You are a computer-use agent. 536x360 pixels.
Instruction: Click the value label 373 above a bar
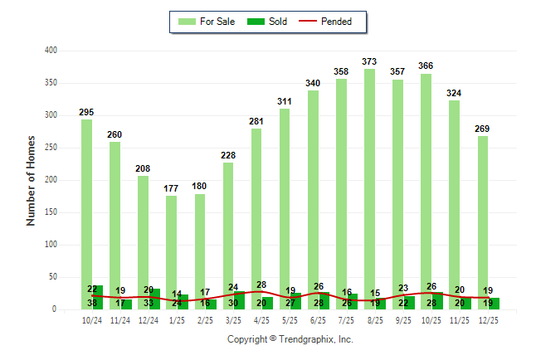[x=369, y=61]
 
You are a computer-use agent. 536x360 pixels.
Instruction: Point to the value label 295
[x=86, y=112]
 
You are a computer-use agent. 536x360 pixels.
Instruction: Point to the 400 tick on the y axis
[x=51, y=51]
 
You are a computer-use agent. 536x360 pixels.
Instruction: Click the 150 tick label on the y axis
[x=51, y=212]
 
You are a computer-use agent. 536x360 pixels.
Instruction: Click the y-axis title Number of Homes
[x=32, y=180]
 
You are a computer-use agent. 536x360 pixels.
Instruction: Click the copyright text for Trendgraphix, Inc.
[x=290, y=339]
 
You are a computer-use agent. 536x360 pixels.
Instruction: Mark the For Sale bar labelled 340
[x=313, y=199]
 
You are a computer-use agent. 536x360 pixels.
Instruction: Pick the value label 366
[x=426, y=66]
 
